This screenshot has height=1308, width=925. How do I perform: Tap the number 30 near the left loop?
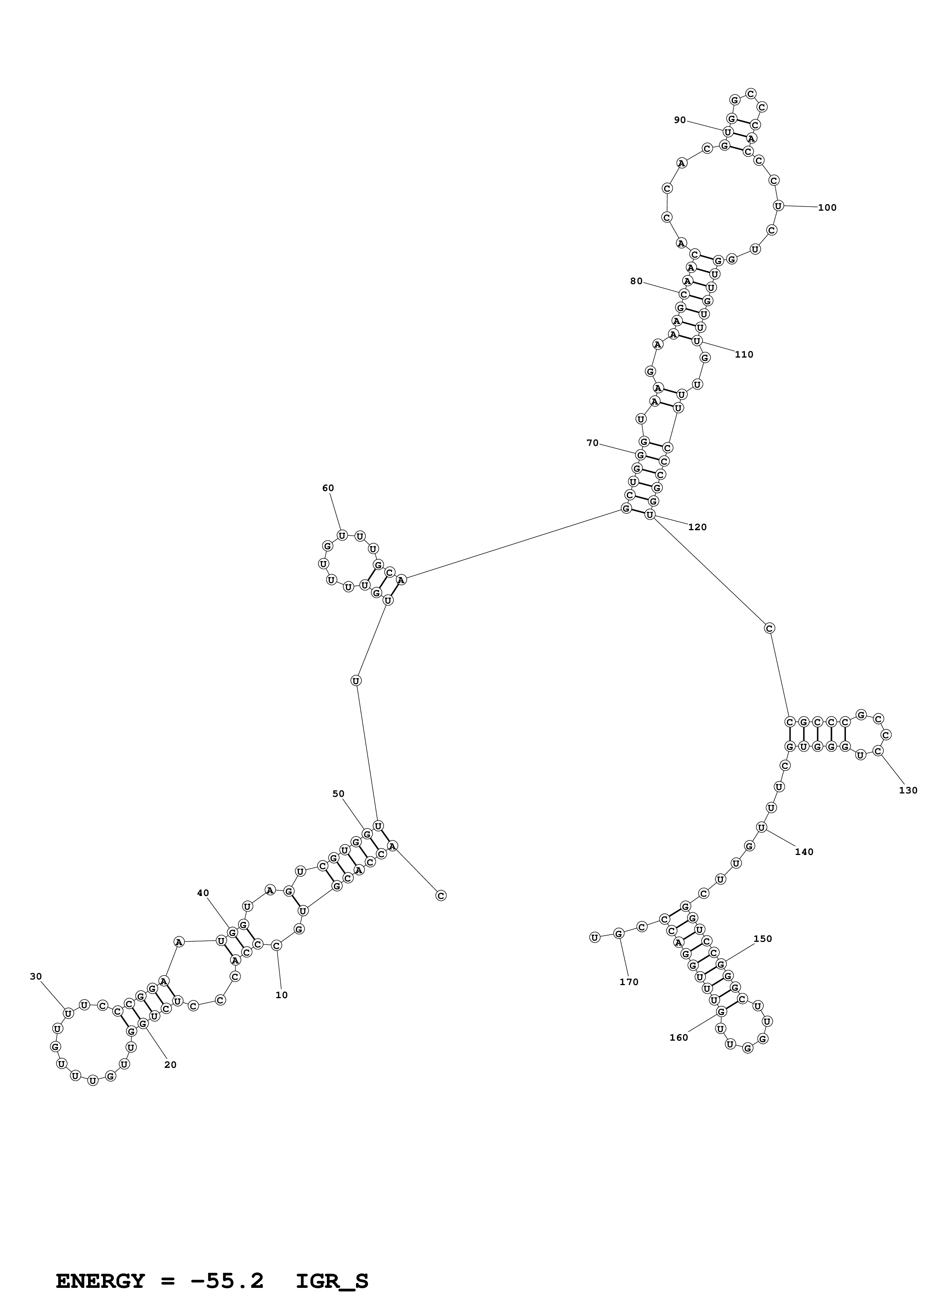pos(36,977)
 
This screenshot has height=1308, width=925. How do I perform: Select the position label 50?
pos(338,793)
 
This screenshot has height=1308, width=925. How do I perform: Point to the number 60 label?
pos(328,488)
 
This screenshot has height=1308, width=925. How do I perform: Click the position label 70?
pos(593,443)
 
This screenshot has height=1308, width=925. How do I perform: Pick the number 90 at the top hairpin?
pos(680,120)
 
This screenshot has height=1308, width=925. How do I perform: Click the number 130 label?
pos(908,790)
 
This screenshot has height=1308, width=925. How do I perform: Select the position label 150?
pos(763,939)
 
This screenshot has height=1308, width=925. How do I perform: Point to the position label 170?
pos(629,982)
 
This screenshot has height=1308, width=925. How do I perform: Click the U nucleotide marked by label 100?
pos(778,206)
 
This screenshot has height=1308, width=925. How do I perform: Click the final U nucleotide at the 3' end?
pos(594,937)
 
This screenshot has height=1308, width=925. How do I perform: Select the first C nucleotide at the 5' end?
pos(441,896)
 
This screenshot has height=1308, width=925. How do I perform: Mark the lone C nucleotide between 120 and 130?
pos(769,628)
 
